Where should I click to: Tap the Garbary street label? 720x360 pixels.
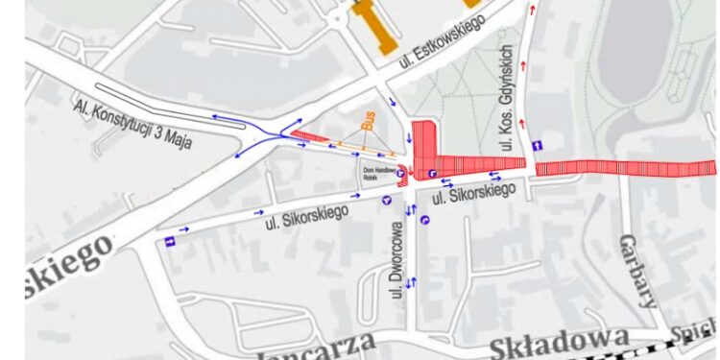point(637,269)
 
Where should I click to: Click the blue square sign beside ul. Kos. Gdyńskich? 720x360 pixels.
point(538,145)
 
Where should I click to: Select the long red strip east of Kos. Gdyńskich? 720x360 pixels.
point(624,167)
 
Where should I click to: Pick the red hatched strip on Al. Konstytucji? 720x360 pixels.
point(309,136)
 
